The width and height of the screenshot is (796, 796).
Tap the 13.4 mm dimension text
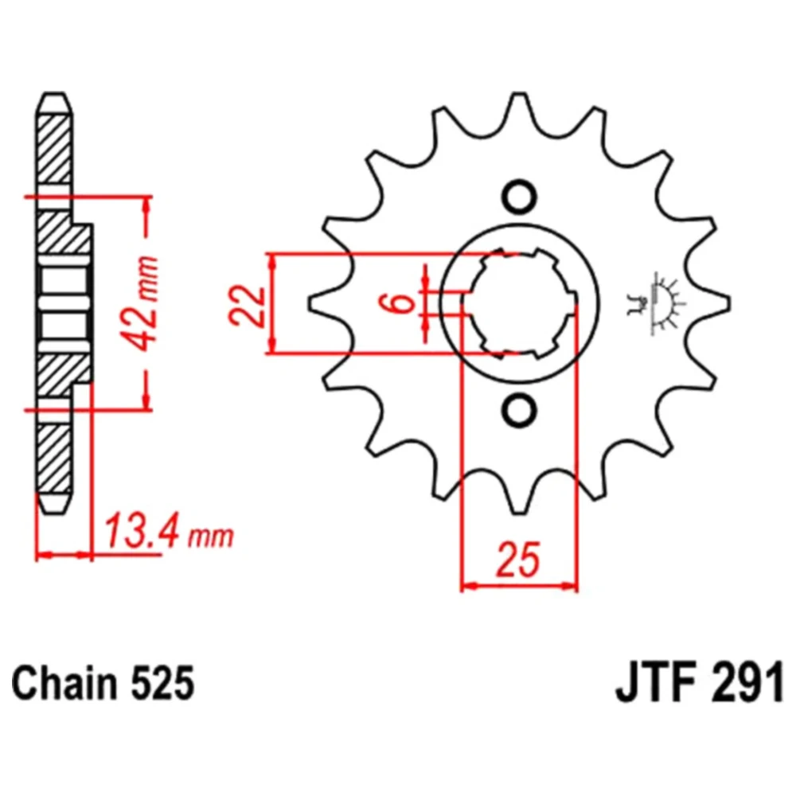(169, 533)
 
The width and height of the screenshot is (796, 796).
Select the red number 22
(248, 306)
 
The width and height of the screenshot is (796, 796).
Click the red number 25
(518, 560)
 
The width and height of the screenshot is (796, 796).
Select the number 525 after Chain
(162, 684)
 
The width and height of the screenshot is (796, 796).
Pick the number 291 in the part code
(747, 684)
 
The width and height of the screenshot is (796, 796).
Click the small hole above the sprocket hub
(519, 196)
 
